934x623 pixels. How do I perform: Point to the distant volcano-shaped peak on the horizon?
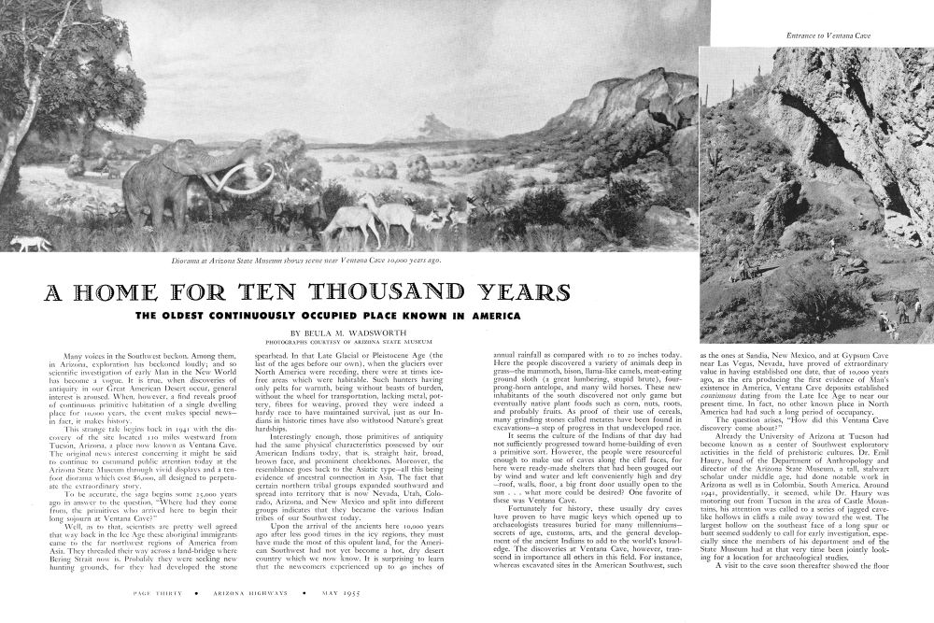431,123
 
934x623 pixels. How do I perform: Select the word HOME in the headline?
122,292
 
